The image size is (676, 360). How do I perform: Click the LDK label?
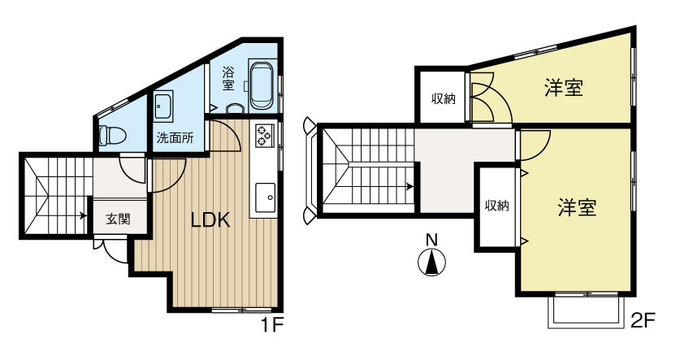(x=210, y=220)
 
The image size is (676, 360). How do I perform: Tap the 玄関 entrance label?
(x=118, y=219)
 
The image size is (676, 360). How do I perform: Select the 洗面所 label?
(x=175, y=138)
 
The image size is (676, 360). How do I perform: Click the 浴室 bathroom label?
(x=228, y=78)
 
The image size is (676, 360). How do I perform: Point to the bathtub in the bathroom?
(x=262, y=85)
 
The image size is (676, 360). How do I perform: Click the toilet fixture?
(x=112, y=136)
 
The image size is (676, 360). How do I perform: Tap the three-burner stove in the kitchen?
(x=264, y=136)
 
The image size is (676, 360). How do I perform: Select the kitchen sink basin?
(x=265, y=197)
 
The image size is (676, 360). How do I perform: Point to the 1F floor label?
(x=271, y=325)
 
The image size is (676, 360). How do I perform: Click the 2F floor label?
(x=643, y=321)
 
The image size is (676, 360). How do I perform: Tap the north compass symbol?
(x=432, y=262)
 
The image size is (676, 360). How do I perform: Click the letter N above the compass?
(x=431, y=240)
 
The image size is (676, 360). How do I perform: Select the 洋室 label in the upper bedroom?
(x=564, y=88)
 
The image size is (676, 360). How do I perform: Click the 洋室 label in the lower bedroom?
(x=577, y=207)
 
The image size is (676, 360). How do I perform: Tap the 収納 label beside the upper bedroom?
(x=444, y=99)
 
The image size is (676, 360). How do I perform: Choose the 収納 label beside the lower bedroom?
(x=497, y=206)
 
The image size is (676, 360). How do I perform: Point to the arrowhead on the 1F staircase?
(x=83, y=215)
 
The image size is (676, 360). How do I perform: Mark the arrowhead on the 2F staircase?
(x=409, y=187)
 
